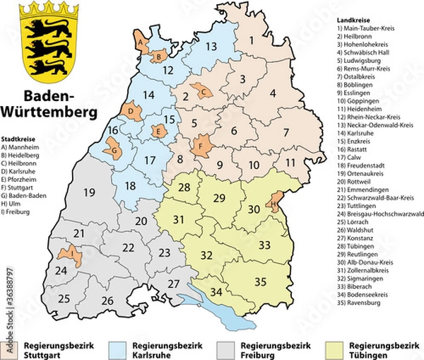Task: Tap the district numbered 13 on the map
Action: click(x=211, y=47)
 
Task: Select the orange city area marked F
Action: click(x=202, y=146)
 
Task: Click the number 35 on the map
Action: click(x=261, y=282)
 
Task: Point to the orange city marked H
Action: click(x=273, y=204)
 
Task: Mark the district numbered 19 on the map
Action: click(x=89, y=192)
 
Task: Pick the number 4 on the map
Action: click(x=272, y=92)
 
